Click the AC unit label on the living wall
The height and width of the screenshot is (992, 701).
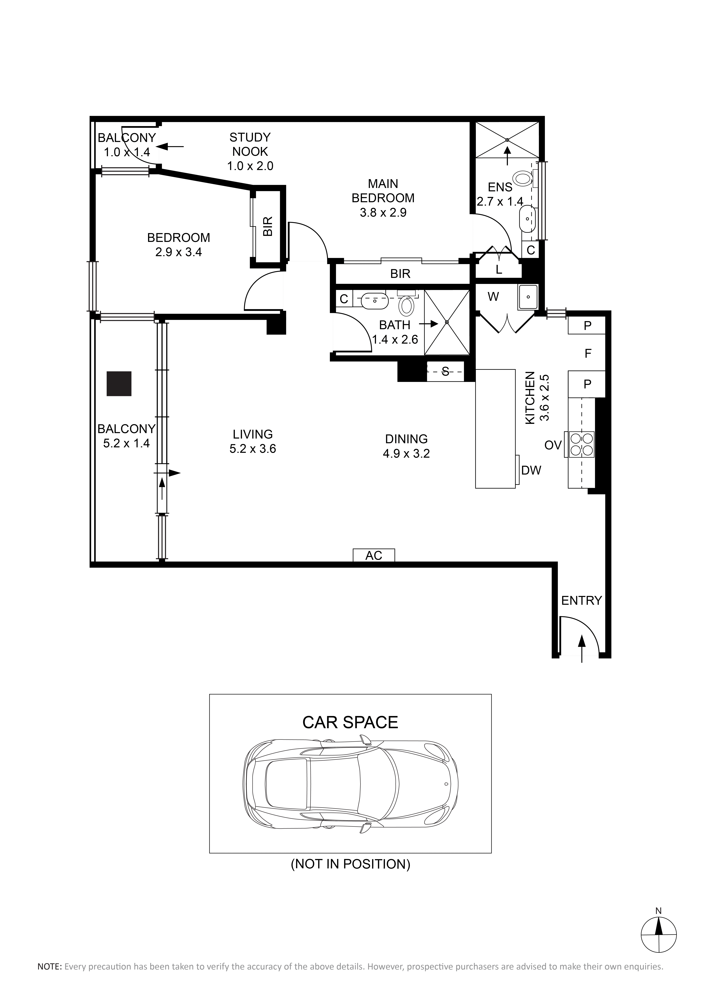click(x=374, y=556)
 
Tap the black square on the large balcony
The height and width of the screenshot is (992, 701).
click(x=119, y=384)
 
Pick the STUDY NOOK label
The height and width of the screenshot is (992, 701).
click(x=250, y=144)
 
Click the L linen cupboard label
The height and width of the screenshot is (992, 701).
click(x=499, y=270)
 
